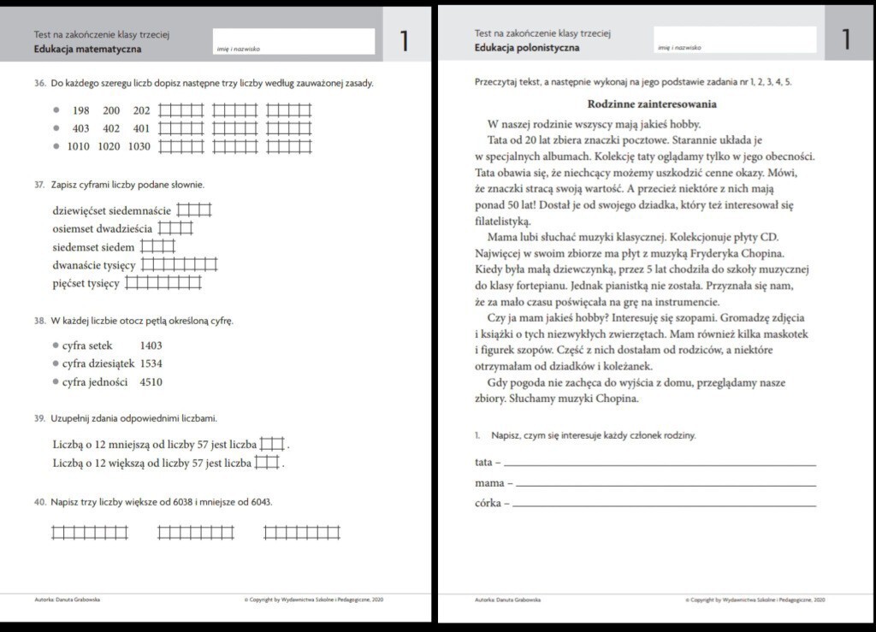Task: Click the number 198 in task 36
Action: (x=81, y=111)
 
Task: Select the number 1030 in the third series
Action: (x=139, y=146)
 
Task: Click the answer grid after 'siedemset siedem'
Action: (x=157, y=247)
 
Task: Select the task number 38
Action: (x=39, y=322)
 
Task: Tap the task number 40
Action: (x=39, y=502)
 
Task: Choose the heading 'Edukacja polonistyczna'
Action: (x=527, y=48)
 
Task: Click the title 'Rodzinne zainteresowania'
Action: (x=652, y=104)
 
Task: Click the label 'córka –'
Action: (x=492, y=504)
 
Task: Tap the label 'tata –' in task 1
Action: (x=488, y=463)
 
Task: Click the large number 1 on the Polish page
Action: (x=845, y=39)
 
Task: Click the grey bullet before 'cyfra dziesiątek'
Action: (x=56, y=363)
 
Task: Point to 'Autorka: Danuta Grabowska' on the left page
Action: (x=67, y=600)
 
